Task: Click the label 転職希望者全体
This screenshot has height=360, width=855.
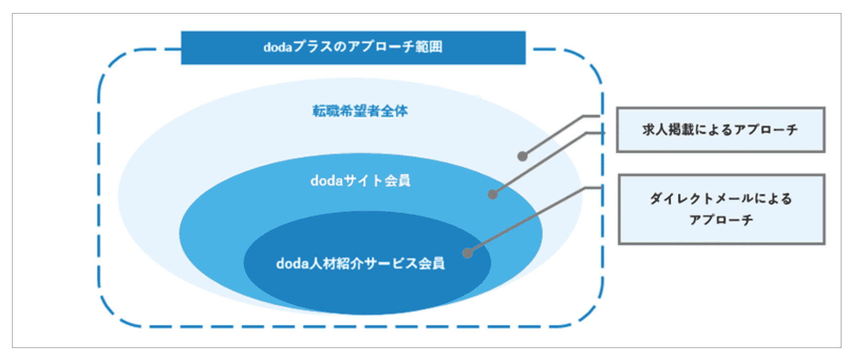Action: (360, 111)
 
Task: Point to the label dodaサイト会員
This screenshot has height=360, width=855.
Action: (360, 181)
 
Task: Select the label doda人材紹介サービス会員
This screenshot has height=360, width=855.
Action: (360, 263)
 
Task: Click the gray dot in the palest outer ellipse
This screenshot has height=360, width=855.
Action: (523, 156)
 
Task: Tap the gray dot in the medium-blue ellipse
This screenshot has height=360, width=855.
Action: (493, 195)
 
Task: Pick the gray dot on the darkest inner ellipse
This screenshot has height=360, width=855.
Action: (468, 253)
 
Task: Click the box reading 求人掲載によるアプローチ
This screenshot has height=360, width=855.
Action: (721, 130)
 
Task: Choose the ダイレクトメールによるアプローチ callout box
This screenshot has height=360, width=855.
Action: (721, 209)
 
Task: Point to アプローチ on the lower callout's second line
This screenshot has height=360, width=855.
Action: (721, 220)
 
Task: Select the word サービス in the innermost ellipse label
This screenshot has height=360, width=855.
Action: (390, 263)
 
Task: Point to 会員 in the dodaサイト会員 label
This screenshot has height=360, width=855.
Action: (397, 181)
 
